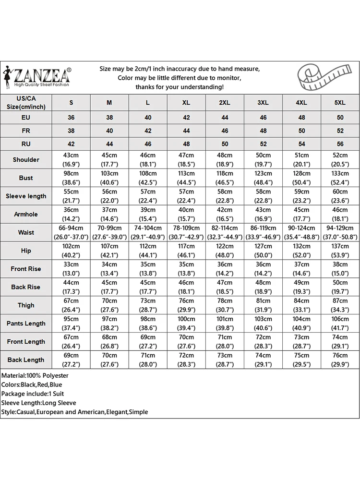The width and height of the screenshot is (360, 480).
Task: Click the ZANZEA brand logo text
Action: click(x=42, y=75)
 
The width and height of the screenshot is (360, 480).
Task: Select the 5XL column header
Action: click(x=340, y=103)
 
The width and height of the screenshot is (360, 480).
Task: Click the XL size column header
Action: click(x=186, y=103)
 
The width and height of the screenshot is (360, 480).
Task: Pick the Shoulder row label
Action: click(x=26, y=160)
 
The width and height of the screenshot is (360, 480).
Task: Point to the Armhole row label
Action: click(x=26, y=215)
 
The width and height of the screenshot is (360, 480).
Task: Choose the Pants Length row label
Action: click(x=26, y=324)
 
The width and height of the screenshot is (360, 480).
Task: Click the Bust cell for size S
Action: click(x=71, y=178)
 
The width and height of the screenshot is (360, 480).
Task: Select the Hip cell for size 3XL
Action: click(x=263, y=251)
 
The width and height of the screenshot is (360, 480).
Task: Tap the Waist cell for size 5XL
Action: click(x=340, y=233)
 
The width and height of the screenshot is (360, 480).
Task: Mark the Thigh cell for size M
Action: click(x=109, y=306)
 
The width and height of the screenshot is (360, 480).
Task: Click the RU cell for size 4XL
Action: click(x=301, y=144)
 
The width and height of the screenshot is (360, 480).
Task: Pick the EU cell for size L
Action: click(x=148, y=118)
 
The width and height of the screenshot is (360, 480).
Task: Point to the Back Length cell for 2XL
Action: click(x=225, y=360)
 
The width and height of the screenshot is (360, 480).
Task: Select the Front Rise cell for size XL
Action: click(x=186, y=269)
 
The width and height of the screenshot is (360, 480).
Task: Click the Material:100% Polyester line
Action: click(x=35, y=375)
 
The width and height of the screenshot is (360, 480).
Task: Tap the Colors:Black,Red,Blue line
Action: click(x=32, y=384)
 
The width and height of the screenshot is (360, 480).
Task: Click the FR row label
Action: click(x=26, y=131)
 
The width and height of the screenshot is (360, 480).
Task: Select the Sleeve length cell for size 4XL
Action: click(x=301, y=196)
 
